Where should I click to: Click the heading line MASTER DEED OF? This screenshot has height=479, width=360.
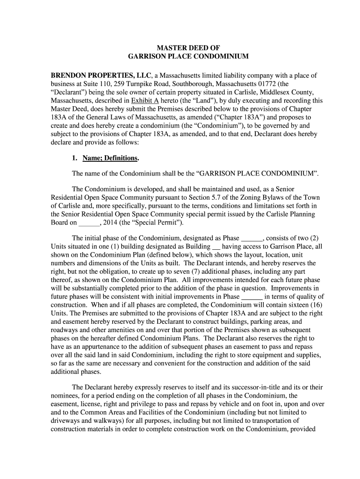187,48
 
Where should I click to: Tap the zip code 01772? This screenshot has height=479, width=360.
266,84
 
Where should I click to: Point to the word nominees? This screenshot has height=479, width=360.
65,396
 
